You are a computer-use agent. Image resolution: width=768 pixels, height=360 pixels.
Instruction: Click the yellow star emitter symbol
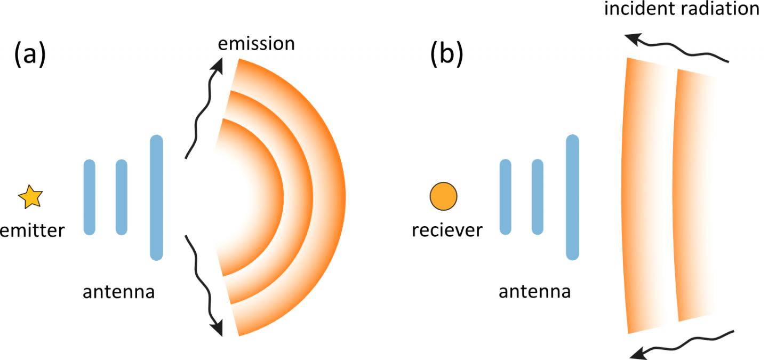pos(30,197)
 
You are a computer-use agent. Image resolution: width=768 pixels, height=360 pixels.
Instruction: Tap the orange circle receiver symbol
pos(443,196)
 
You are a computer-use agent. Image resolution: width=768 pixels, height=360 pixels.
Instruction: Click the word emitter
pos(32,230)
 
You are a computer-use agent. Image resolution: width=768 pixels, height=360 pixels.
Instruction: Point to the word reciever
pos(447,230)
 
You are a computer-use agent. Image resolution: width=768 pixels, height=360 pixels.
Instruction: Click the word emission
pos(257,43)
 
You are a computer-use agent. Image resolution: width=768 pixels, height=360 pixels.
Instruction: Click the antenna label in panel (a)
pos(118,292)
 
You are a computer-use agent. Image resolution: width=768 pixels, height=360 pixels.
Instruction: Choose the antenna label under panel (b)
pos(534,292)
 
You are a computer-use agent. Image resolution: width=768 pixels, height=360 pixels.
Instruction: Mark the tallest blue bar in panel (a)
pos(156,197)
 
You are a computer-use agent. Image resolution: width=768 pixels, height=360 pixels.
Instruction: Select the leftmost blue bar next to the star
pos(90,197)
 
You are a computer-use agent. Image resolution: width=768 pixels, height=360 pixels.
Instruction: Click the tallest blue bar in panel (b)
pos(572,197)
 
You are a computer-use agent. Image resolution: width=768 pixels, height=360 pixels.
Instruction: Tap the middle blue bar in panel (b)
pos(538,197)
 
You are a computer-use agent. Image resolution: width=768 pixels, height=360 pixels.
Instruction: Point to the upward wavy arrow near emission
pos(205,107)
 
